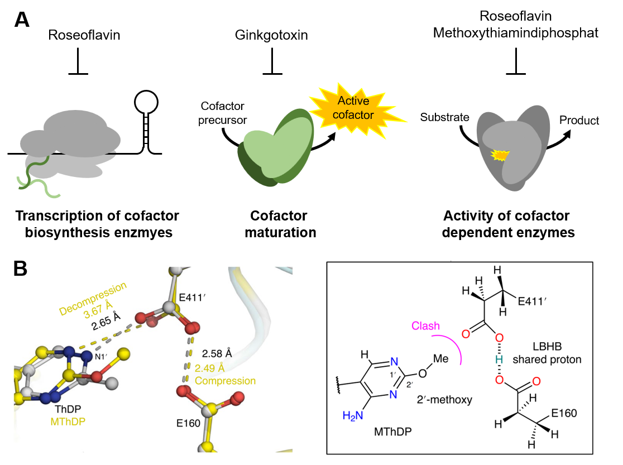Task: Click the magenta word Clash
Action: (x=426, y=326)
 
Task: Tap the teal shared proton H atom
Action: (x=500, y=359)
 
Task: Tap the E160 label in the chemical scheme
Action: (x=563, y=414)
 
